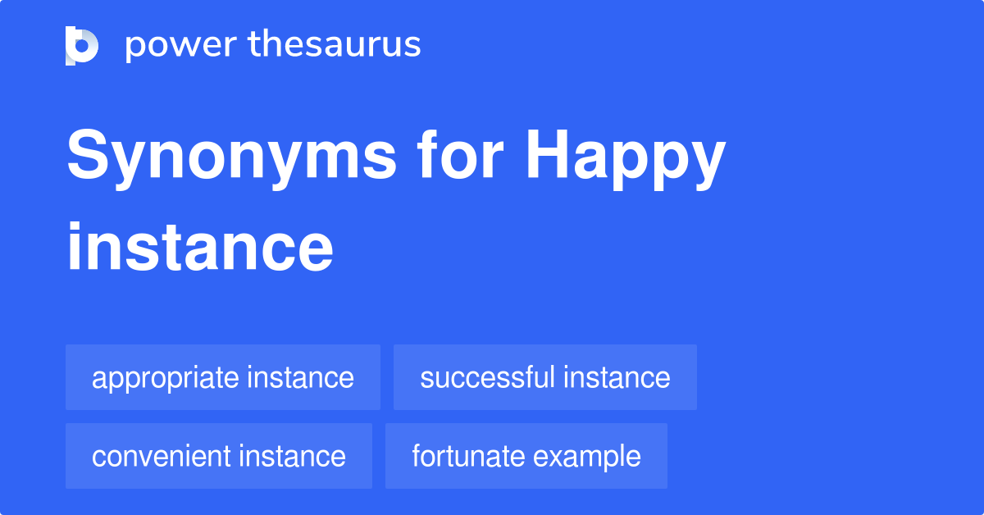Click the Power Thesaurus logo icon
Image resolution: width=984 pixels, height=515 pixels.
(x=81, y=45)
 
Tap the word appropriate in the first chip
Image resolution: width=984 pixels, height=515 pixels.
(x=163, y=379)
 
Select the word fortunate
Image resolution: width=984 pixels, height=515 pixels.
(x=462, y=456)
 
